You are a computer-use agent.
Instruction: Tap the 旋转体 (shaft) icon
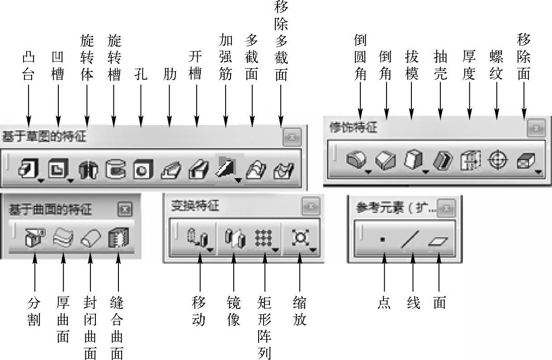[x=87, y=170]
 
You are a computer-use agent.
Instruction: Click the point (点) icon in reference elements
[x=383, y=240]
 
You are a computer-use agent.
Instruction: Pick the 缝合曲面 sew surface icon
[x=118, y=237]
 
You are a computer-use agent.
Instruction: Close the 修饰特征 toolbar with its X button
[x=536, y=128]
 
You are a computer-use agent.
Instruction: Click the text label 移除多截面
[x=281, y=40]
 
